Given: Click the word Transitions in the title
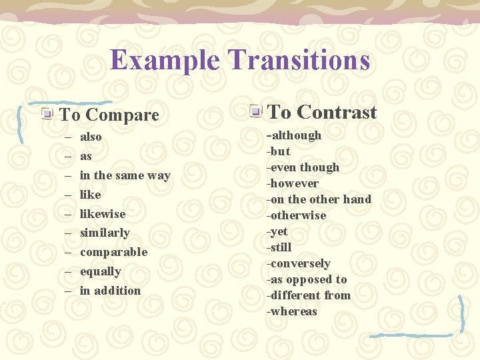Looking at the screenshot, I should (x=298, y=60).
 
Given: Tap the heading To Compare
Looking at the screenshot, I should (x=109, y=115).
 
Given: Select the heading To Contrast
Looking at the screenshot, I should (x=322, y=112).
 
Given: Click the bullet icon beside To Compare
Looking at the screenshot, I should (x=47, y=114).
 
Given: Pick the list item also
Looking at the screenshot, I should (x=91, y=137).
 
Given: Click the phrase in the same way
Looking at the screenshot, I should (x=125, y=175).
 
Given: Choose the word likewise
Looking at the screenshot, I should (x=103, y=214).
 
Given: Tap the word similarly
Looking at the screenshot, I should (x=105, y=233).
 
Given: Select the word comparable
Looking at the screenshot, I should (x=113, y=252).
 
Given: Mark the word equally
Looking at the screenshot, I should (x=101, y=271).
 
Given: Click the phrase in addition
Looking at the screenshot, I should (x=110, y=291).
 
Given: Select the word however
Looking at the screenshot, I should (x=294, y=183).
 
